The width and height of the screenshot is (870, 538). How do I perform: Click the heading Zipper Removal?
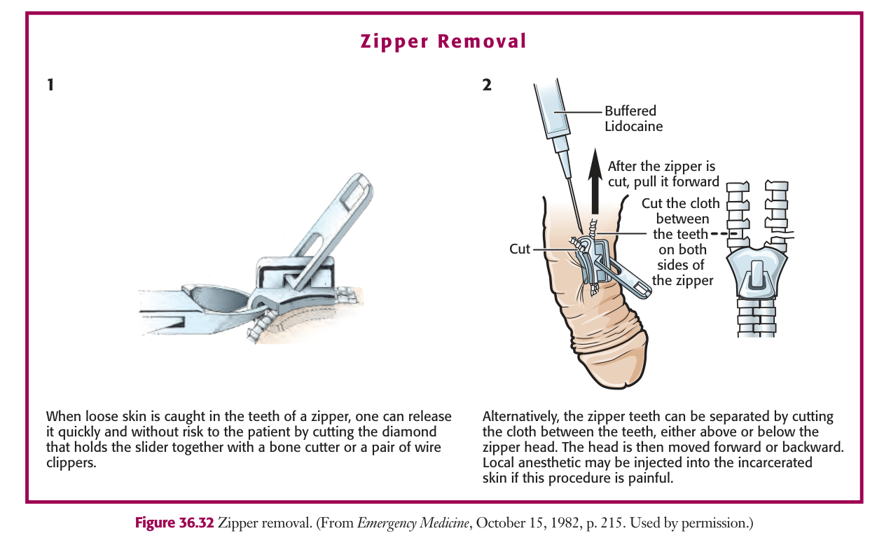point(443,41)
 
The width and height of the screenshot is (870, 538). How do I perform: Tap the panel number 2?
point(487,85)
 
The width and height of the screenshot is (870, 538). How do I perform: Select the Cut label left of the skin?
point(520,249)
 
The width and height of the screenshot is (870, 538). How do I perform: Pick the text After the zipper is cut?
point(662,174)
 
